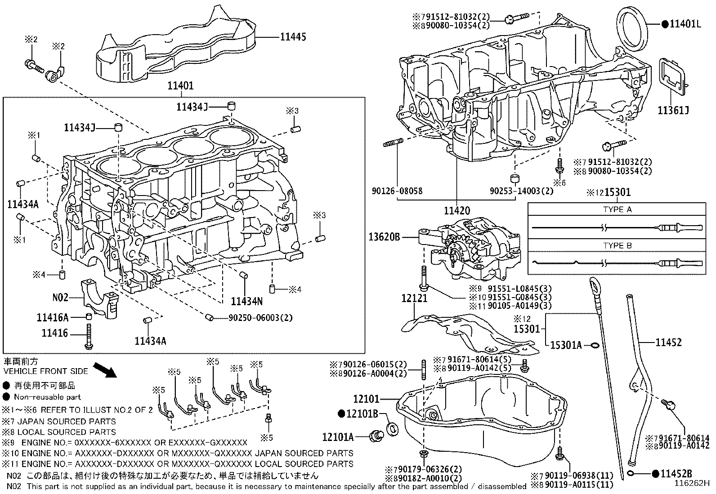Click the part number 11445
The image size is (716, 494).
293,37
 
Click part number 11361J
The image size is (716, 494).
673,111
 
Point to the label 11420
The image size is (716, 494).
457,210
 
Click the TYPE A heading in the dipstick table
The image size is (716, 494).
617,209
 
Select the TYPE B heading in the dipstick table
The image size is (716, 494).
617,245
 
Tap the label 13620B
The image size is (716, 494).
384,237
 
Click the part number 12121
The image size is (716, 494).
414,298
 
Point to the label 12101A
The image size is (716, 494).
338,437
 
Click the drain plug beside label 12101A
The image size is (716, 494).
376,436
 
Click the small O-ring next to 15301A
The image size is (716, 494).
595,345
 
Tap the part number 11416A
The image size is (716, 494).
53,317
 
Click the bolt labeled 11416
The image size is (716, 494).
89,337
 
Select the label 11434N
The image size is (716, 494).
247,301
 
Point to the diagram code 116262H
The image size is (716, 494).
692,483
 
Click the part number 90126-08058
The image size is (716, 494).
397,191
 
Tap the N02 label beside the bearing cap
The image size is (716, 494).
60,298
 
